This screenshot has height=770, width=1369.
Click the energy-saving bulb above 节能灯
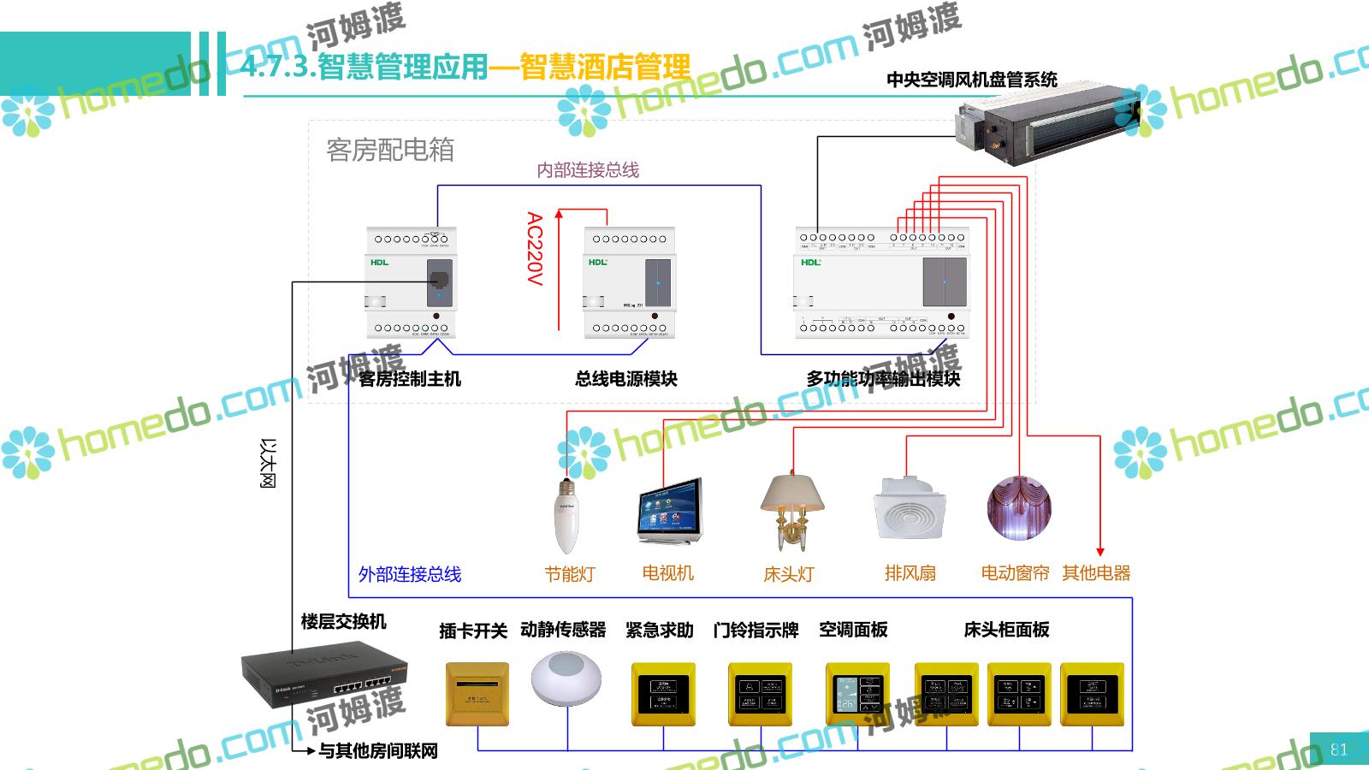point(566,515)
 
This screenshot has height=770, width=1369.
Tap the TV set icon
point(669,511)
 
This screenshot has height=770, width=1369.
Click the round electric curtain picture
point(1018,508)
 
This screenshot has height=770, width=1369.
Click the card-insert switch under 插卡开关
point(477,694)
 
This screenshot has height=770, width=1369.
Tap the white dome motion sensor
point(566,679)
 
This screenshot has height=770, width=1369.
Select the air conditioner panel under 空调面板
point(857,694)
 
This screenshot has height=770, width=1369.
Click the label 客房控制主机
point(410,378)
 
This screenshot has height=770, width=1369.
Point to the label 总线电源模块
point(626,378)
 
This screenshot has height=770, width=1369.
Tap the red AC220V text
point(535,249)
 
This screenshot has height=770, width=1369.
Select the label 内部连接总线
point(588,170)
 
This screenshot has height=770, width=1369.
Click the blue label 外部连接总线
point(410,574)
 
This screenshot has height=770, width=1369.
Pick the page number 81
point(1339,749)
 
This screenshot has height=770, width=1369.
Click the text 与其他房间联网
point(378,750)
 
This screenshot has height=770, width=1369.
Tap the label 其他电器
point(1096,573)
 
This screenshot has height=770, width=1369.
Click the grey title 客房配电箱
point(390,151)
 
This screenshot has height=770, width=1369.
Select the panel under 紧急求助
point(663,694)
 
